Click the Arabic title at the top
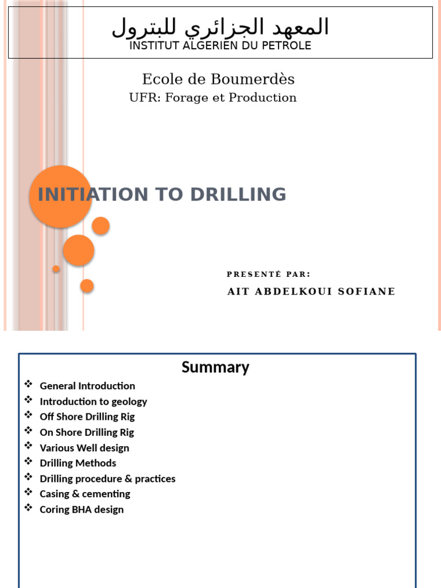tap(220, 26)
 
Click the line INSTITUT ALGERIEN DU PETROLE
tap(220, 46)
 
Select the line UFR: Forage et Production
tap(212, 98)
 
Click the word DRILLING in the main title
tap(238, 195)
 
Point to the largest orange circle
tap(60, 197)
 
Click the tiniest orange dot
tap(56, 269)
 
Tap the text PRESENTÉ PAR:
tap(268, 274)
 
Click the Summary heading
tap(215, 367)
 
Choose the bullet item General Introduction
tap(87, 386)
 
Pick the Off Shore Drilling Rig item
tap(87, 417)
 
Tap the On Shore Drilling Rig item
tap(87, 432)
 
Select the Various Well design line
tap(84, 448)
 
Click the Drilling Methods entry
tap(78, 463)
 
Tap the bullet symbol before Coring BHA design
tap(29, 508)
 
